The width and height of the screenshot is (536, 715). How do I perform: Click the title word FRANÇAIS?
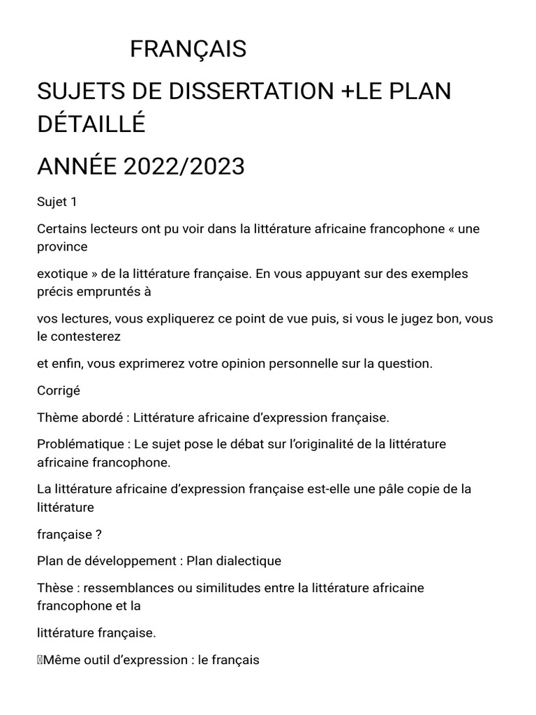click(188, 50)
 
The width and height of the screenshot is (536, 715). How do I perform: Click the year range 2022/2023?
click(184, 167)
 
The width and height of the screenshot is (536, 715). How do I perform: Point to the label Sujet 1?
click(57, 202)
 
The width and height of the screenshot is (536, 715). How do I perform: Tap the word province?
click(62, 246)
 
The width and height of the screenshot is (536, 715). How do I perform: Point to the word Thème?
click(57, 418)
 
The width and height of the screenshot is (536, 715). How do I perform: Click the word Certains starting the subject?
click(62, 228)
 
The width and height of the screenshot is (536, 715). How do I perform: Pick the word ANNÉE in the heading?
click(77, 167)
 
